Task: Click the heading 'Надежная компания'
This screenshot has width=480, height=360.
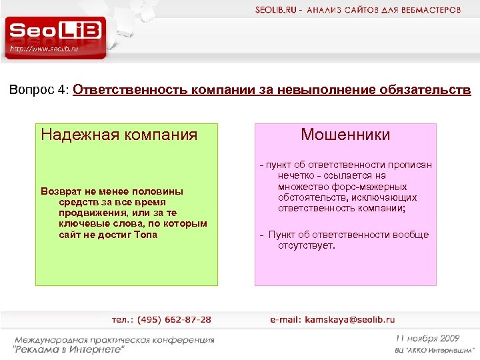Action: coord(119,135)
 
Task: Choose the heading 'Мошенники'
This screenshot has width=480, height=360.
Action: coord(345,135)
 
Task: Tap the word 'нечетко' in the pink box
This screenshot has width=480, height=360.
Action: coord(295,176)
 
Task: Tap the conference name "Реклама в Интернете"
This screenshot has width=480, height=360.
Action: coord(69,349)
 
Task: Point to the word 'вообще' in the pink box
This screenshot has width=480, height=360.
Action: coord(411,235)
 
